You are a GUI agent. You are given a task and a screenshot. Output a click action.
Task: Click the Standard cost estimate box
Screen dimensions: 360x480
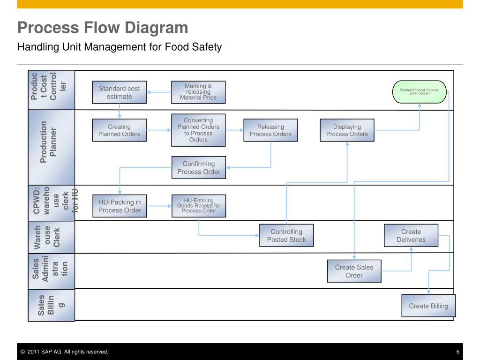(x=119, y=92)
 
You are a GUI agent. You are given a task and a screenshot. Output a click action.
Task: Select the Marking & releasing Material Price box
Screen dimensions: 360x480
(x=198, y=92)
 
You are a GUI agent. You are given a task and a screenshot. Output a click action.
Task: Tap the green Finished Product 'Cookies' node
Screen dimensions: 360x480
(x=419, y=91)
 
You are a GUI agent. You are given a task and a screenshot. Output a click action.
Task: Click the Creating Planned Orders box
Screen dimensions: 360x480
(x=119, y=130)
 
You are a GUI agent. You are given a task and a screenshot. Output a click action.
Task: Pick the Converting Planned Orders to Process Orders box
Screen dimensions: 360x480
(x=198, y=130)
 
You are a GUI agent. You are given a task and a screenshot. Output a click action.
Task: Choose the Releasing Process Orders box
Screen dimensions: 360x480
(x=270, y=130)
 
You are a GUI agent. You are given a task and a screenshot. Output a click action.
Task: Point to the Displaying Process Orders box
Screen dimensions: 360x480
(x=347, y=130)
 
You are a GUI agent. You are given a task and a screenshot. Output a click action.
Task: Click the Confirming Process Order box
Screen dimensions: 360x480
(x=198, y=168)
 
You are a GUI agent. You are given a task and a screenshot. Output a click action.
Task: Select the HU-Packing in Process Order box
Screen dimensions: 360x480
(x=120, y=206)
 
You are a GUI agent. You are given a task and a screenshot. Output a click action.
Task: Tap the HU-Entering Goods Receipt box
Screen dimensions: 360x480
(x=198, y=206)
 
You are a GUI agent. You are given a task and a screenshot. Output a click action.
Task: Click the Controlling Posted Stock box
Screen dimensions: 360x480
(x=286, y=235)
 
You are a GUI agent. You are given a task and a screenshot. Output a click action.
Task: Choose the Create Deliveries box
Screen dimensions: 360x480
(x=411, y=235)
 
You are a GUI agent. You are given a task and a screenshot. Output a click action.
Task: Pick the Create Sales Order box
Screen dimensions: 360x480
(x=354, y=271)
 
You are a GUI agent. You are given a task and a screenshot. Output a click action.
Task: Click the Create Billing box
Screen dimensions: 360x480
(x=428, y=306)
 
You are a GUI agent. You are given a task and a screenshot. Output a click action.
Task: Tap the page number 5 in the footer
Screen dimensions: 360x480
(x=457, y=352)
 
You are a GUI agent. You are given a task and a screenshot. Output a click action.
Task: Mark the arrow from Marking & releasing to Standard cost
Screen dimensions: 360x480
(x=159, y=92)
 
